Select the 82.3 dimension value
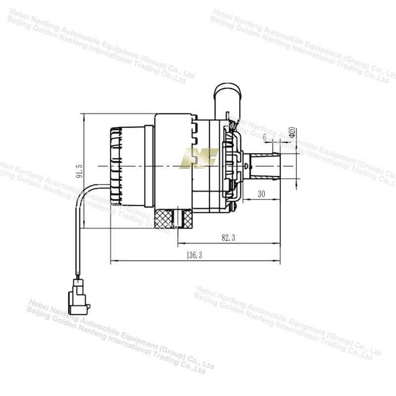228,238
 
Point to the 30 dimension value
262,195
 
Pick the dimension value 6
265,137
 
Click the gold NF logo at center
199,158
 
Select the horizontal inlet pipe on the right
265,166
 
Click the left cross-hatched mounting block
163,218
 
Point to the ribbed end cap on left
116,166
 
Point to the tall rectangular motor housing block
173,163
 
